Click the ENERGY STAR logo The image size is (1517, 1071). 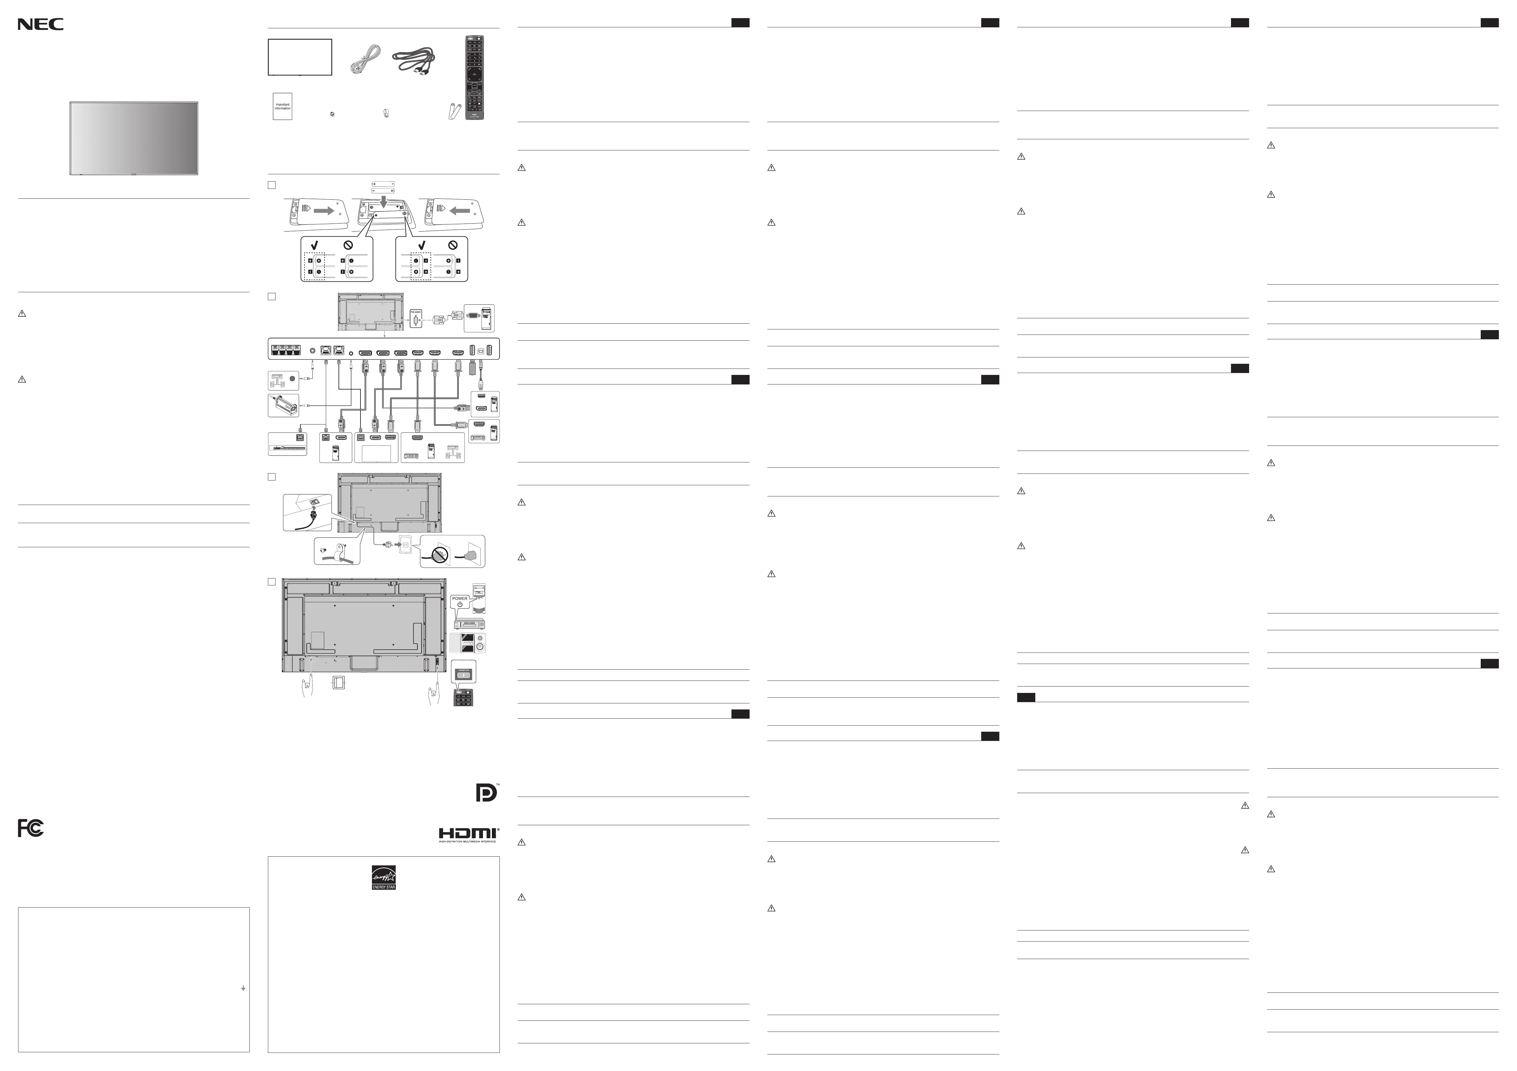(383, 878)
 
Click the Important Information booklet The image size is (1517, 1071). (282, 106)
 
